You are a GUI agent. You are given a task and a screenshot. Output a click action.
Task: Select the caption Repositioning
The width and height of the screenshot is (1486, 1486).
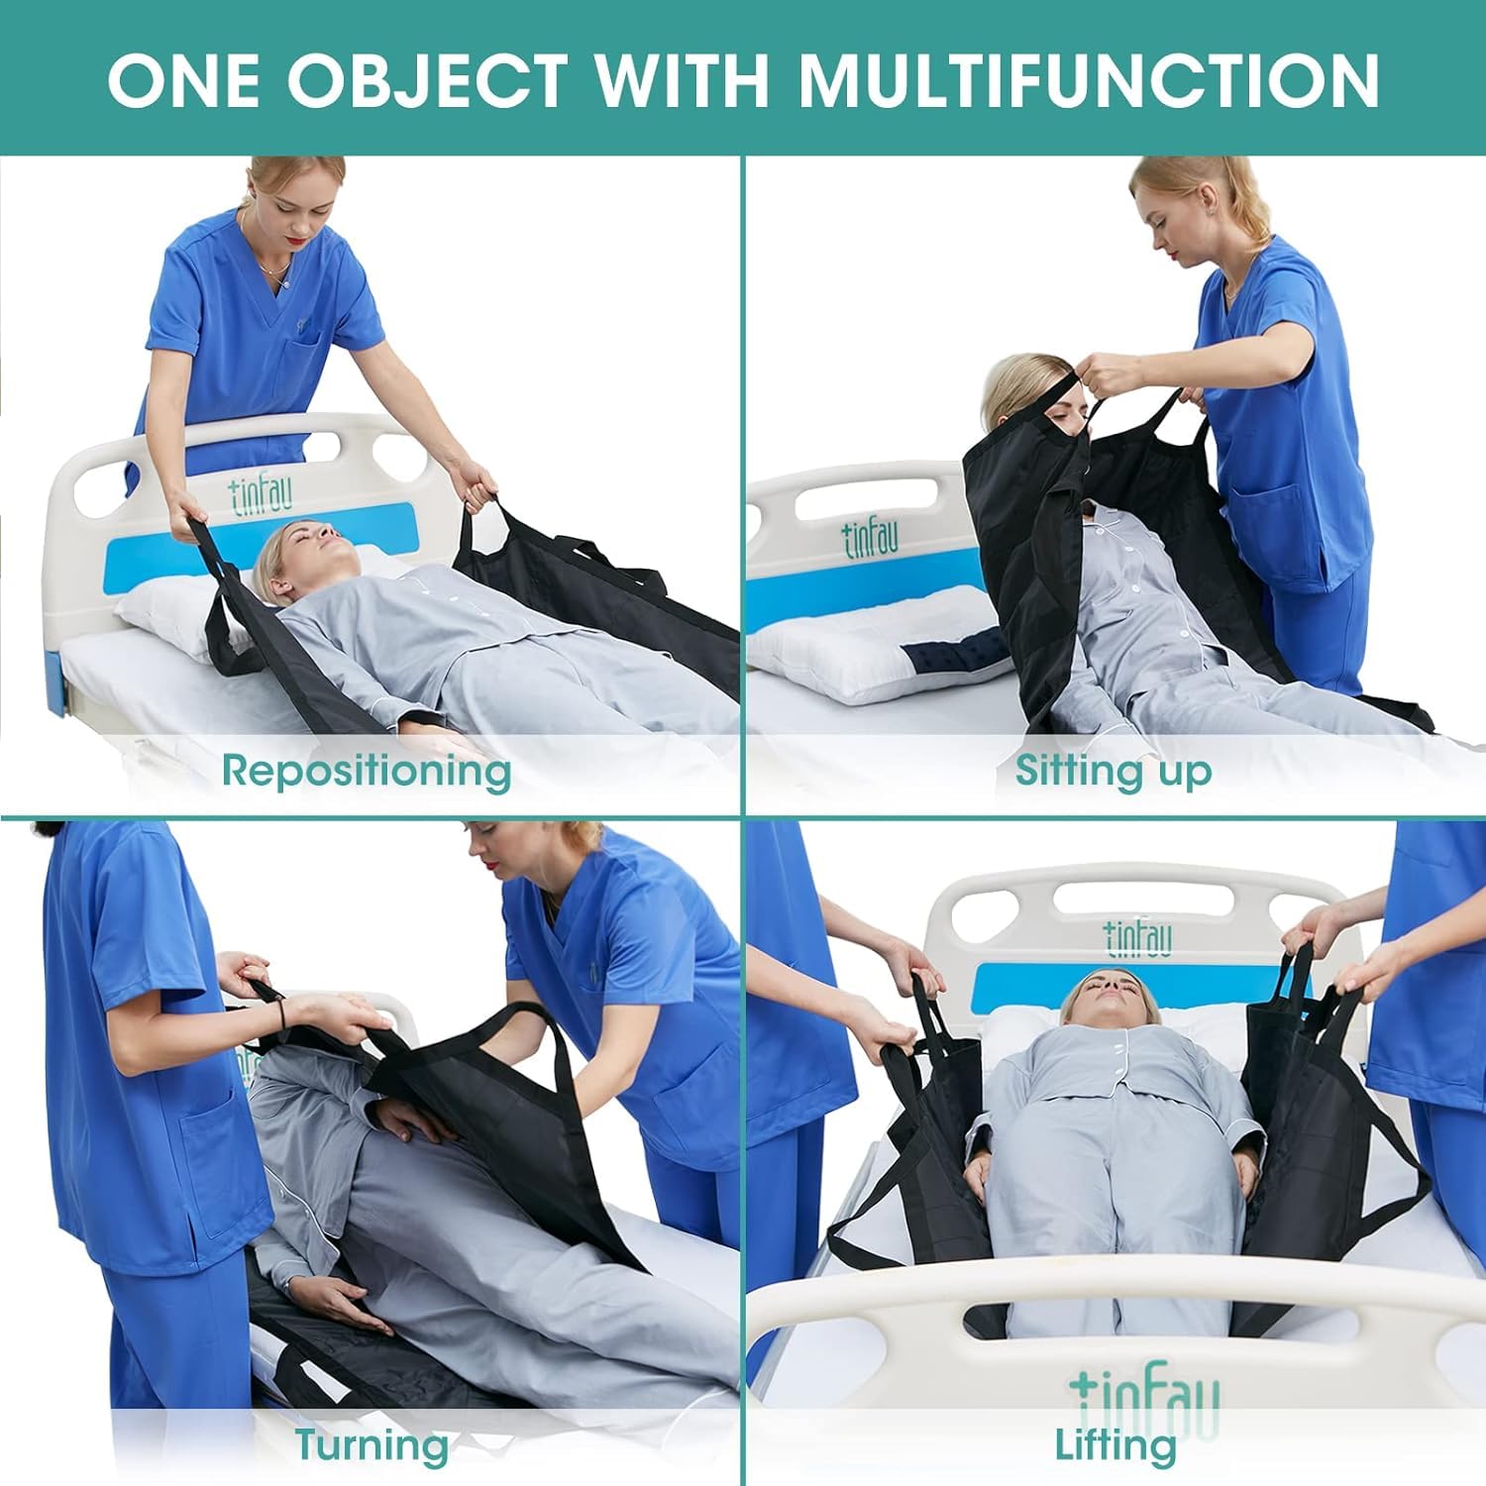pyautogui.click(x=366, y=770)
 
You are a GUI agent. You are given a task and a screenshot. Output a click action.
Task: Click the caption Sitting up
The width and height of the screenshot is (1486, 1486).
pyautogui.click(x=1113, y=770)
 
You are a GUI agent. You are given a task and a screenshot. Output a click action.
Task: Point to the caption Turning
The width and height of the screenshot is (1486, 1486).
pyautogui.click(x=371, y=1445)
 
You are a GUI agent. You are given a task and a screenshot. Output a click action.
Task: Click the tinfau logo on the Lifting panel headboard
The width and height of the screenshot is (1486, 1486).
pyautogui.click(x=1138, y=936)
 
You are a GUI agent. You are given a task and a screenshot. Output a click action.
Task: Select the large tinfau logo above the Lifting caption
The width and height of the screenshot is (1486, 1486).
pyautogui.click(x=1144, y=1392)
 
